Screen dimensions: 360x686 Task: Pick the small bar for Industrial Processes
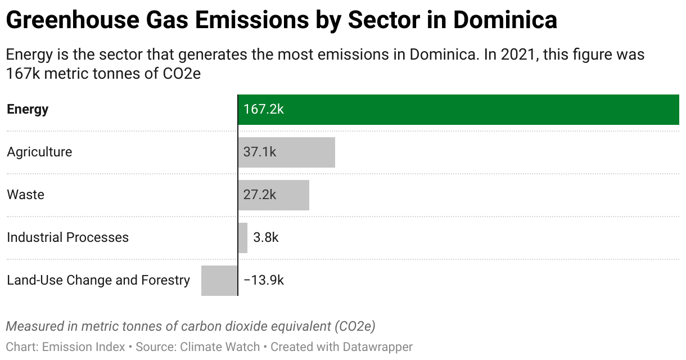[242, 237]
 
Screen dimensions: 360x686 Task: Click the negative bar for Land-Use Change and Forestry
[219, 280]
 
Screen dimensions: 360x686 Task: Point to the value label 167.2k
[263, 109]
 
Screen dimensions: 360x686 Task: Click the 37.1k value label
[260, 152]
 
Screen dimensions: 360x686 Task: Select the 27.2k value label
[260, 195]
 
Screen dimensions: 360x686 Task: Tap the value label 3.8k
[266, 237]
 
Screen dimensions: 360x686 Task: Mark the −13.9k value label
[264, 280]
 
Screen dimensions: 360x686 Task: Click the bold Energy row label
[28, 109]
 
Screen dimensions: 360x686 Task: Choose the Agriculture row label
[39, 152]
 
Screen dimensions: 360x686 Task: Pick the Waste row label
[25, 195]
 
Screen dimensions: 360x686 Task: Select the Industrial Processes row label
[67, 237]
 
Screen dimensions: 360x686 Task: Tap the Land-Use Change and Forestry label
[98, 280]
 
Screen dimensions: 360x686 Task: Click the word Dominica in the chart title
[505, 21]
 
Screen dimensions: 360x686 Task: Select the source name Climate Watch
[220, 346]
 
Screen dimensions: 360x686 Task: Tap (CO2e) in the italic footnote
[354, 326]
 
